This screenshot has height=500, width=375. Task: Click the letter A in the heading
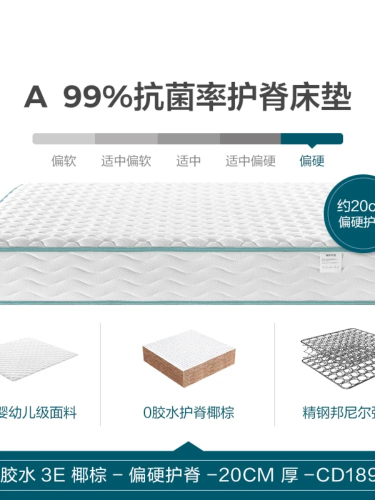point(36,98)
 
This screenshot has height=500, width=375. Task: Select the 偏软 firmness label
point(63,161)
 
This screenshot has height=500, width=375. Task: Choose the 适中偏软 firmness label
point(126,161)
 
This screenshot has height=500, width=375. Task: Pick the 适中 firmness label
point(188,161)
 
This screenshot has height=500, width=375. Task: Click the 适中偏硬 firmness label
point(250,161)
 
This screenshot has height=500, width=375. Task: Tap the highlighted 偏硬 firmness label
point(312,161)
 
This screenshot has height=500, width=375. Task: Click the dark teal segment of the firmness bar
point(311,138)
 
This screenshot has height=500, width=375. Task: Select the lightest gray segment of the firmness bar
point(63,138)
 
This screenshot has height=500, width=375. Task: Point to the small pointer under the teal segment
point(312,146)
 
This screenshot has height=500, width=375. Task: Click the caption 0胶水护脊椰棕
point(188,413)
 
